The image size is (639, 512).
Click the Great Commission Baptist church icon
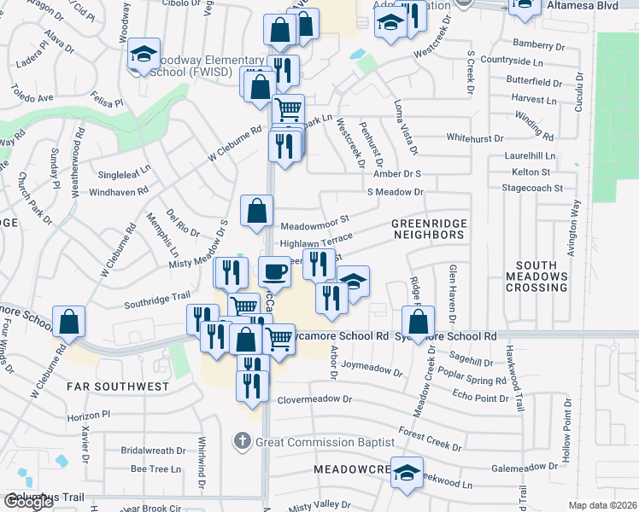[x=243, y=441]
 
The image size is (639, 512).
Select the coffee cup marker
[x=273, y=271]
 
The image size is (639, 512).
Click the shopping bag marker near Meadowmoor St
[x=256, y=211]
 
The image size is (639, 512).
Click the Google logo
[x=28, y=502]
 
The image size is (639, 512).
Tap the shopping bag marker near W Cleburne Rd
[x=68, y=323]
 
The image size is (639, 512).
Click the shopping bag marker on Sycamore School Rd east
[x=419, y=322]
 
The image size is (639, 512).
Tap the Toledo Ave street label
[x=32, y=97]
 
